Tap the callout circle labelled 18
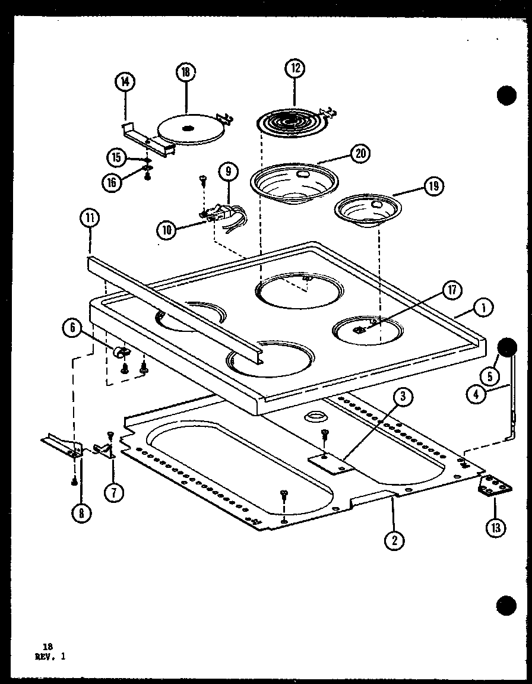pyautogui.click(x=186, y=72)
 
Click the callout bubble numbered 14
pyautogui.click(x=126, y=83)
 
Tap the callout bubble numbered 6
pyautogui.click(x=73, y=328)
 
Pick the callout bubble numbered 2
pyautogui.click(x=394, y=539)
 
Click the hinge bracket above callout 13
pyautogui.click(x=494, y=487)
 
